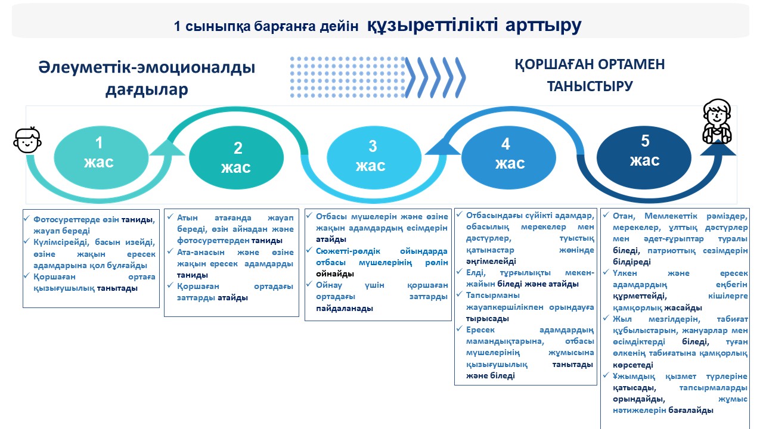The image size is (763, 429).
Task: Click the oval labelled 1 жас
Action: (x=100, y=153)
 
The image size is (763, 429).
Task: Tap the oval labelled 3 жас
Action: (x=371, y=156)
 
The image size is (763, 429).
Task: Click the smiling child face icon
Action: (x=27, y=141)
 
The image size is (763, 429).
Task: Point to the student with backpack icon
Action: (x=717, y=122)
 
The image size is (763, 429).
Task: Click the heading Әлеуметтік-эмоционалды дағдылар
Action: (x=147, y=78)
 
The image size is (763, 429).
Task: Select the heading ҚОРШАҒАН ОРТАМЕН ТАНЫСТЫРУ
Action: (x=590, y=75)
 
